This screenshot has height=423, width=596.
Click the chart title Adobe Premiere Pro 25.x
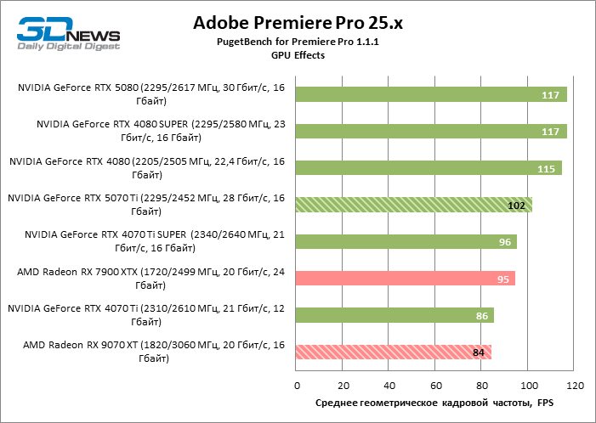pos(298,23)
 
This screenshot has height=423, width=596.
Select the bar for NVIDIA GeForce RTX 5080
pos(431,94)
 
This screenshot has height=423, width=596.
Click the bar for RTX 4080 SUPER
pos(431,131)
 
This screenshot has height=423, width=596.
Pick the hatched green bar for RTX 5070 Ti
pos(414,205)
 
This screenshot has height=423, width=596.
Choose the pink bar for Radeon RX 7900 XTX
pos(406,279)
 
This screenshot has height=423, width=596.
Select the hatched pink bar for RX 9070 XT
pos(394,352)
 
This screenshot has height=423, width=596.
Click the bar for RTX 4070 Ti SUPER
pos(406,241)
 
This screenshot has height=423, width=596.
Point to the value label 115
pos(547,169)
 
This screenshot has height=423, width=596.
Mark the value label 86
pos(480,316)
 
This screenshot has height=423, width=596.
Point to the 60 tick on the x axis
pos(434,386)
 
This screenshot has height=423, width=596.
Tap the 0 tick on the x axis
pos(296,386)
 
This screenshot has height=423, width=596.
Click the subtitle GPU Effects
pos(298,54)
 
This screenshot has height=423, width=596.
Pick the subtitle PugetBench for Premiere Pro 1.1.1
pos(298,42)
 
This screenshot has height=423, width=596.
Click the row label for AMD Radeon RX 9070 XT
pos(154,352)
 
